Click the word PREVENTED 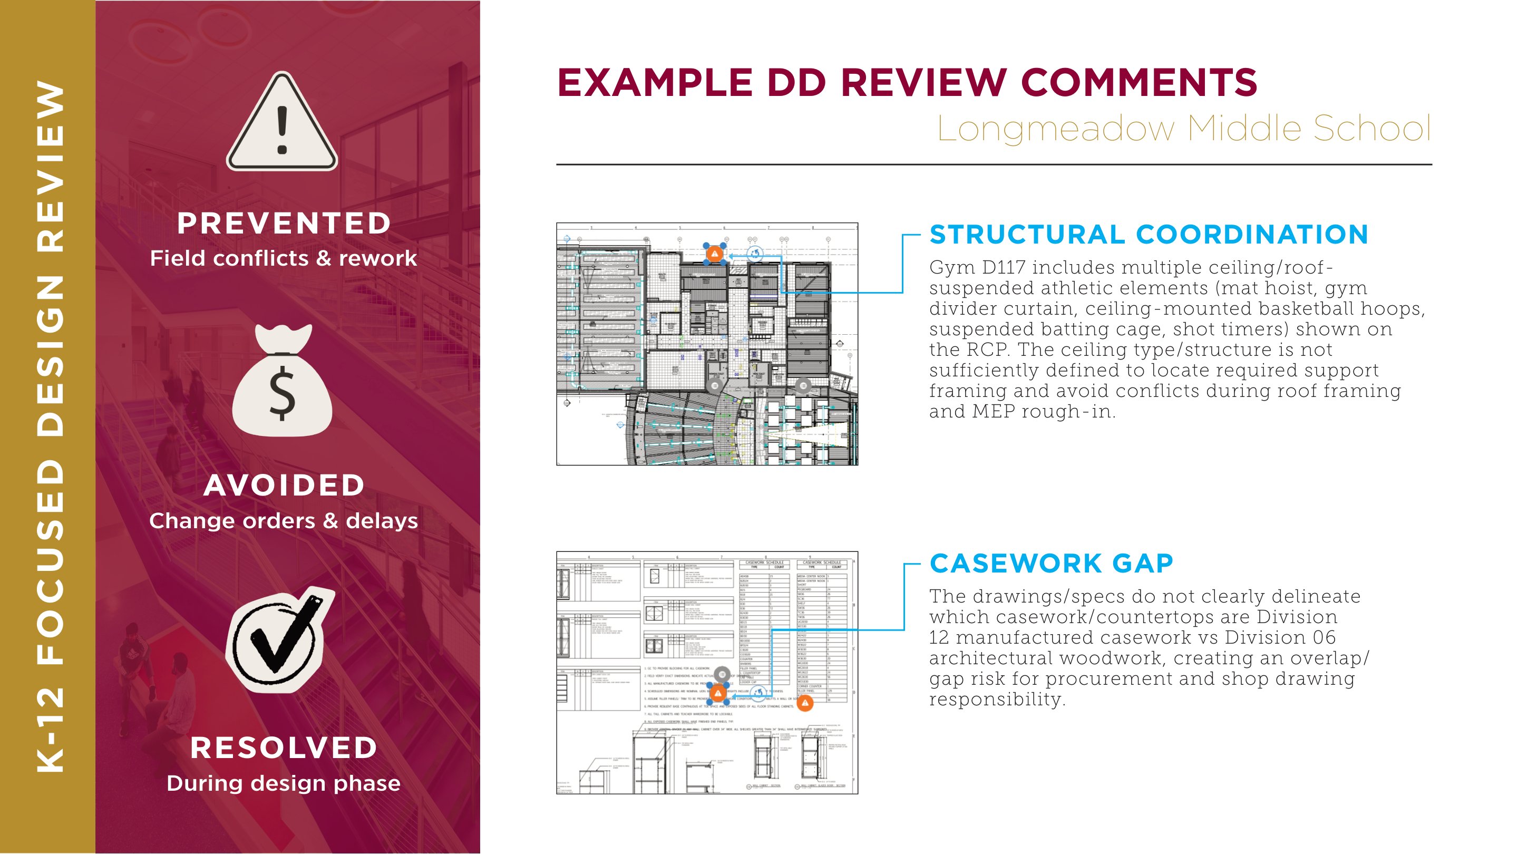[x=284, y=224]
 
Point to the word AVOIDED [x=284, y=486]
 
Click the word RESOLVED [x=284, y=748]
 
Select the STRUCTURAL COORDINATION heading [x=1149, y=235]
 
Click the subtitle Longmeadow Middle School [x=1183, y=128]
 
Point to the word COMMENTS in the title [x=1138, y=83]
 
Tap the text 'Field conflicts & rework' [x=284, y=258]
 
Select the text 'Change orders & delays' [x=284, y=521]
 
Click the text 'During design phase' [x=284, y=783]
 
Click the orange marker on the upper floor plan [x=715, y=254]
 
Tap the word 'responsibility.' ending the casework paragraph [x=997, y=700]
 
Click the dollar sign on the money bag [x=283, y=393]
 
